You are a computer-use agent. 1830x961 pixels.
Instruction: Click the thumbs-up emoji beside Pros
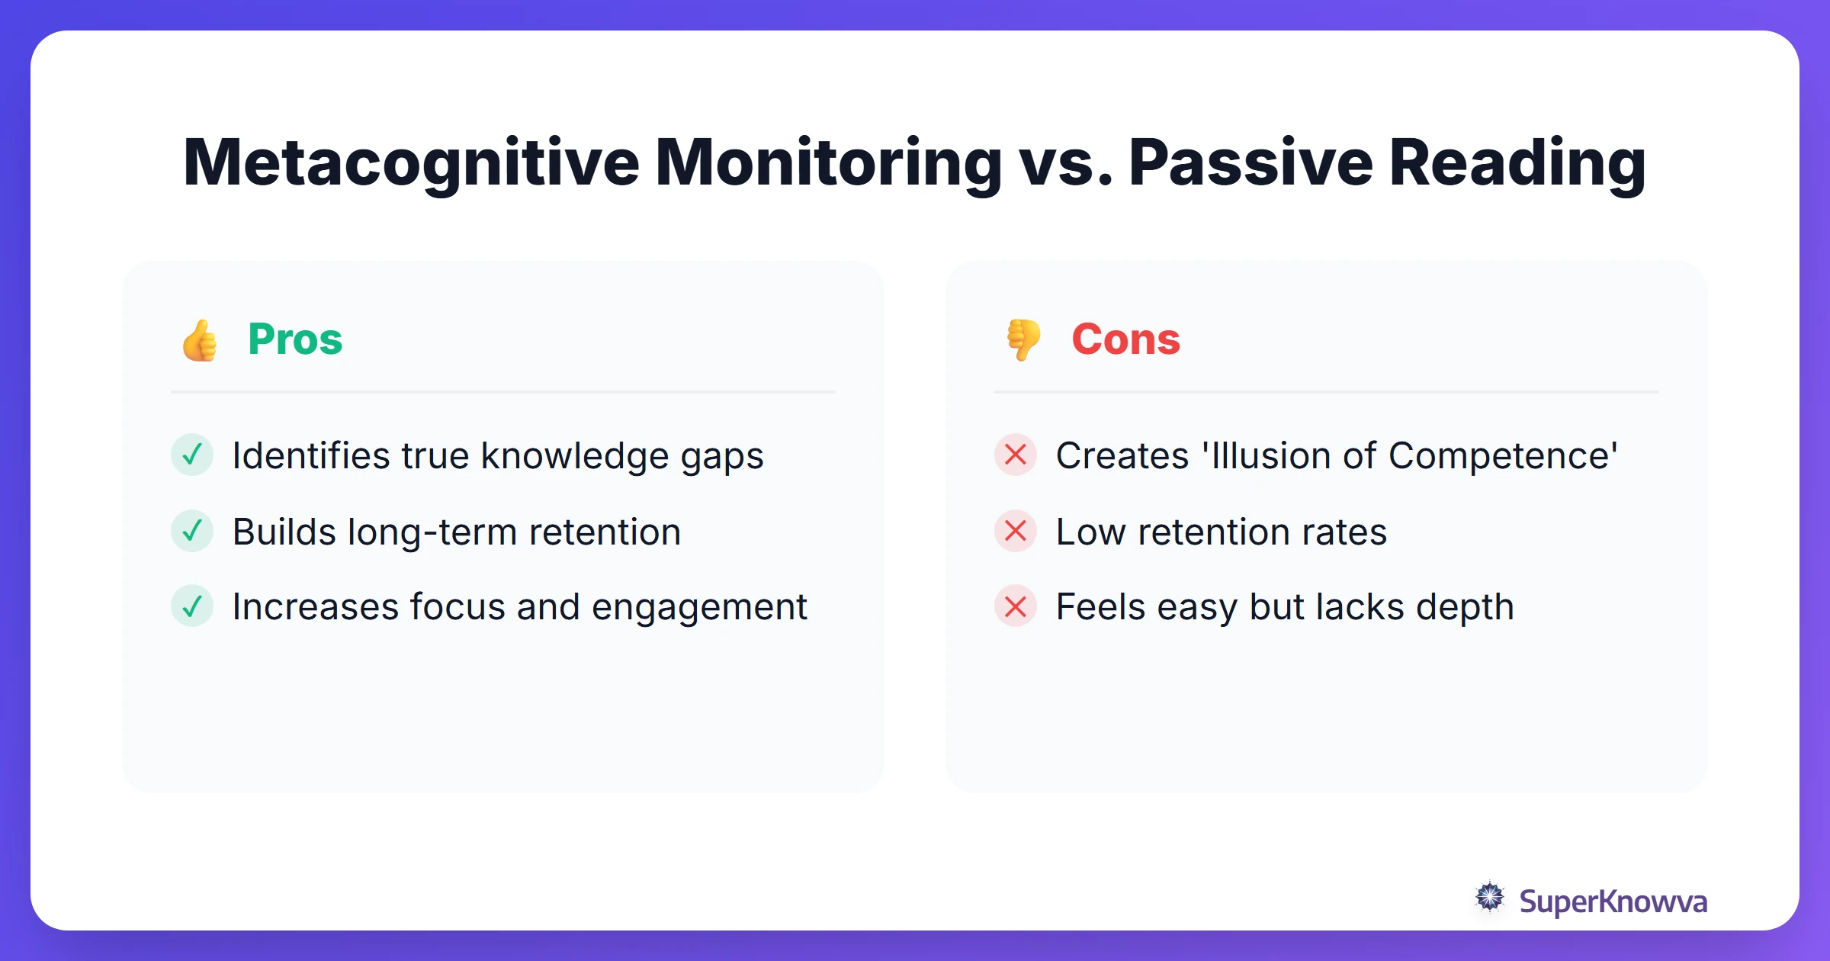[x=200, y=340]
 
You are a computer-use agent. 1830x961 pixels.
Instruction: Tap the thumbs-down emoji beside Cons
[x=1023, y=340]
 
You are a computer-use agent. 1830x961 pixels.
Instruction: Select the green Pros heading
[x=295, y=339]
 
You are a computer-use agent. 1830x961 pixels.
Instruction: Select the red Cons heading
[x=1125, y=339]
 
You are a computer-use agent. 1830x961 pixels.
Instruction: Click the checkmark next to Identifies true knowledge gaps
[x=192, y=455]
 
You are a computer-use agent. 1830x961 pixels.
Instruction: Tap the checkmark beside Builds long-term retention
[x=192, y=531]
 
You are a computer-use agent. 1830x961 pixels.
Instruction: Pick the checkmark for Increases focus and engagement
[x=192, y=606]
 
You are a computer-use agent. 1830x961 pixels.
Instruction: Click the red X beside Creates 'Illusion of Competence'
[x=1016, y=455]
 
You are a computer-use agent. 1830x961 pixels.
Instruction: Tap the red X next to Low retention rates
[x=1016, y=531]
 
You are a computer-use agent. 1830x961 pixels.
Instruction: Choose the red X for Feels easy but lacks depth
[x=1016, y=606]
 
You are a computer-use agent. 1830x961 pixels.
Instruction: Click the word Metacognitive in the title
[x=411, y=162]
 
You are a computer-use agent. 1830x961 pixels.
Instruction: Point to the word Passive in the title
[x=1250, y=162]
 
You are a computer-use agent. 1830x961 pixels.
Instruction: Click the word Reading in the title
[x=1517, y=162]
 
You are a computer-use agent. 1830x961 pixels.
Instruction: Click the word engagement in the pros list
[x=698, y=608]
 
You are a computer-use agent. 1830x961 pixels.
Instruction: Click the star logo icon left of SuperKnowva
[x=1490, y=898]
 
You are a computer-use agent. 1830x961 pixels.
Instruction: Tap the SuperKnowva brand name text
[x=1613, y=902]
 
